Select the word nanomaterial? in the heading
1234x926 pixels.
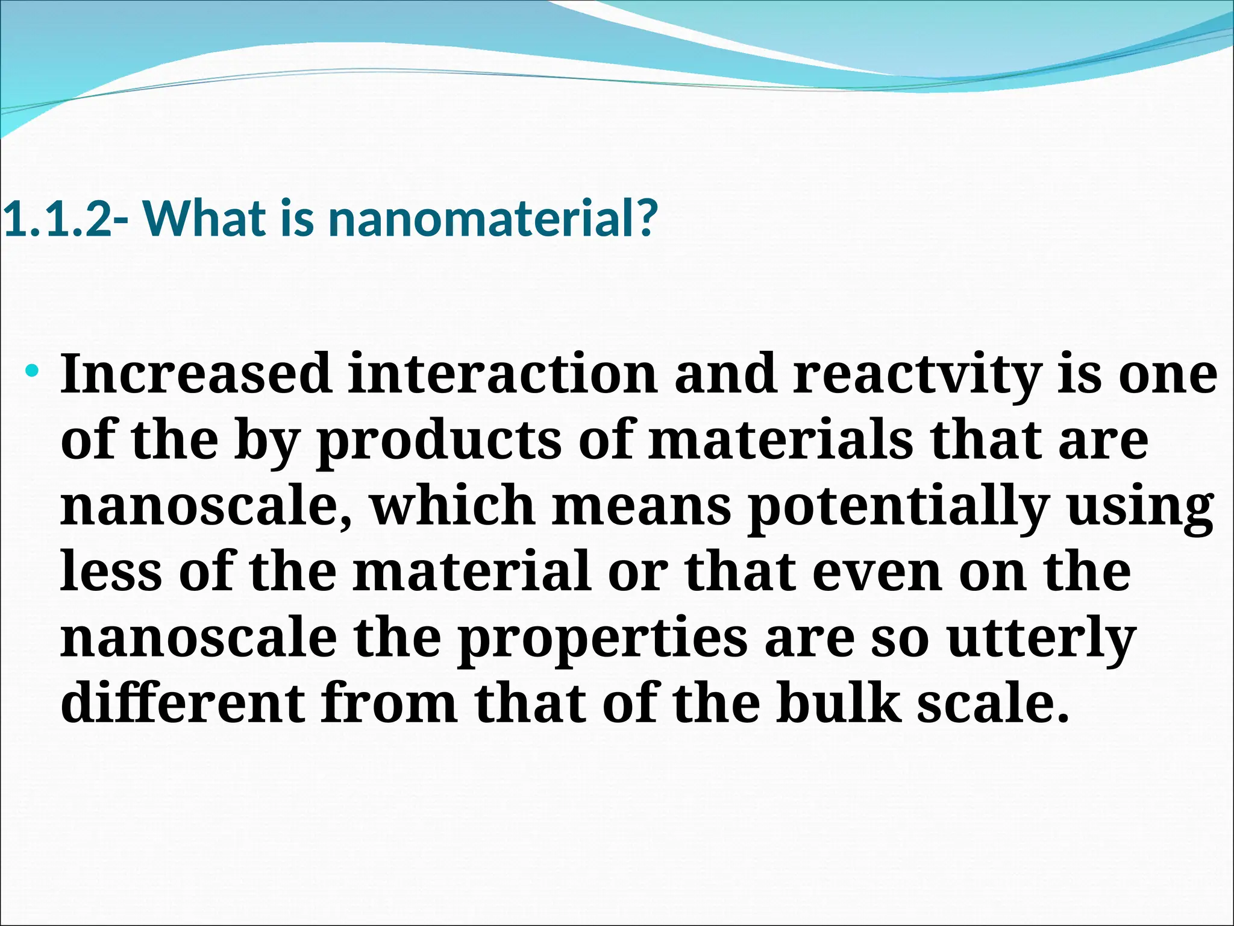pyautogui.click(x=490, y=218)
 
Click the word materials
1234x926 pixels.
pyautogui.click(x=781, y=440)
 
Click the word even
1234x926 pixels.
pyautogui.click(x=877, y=573)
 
